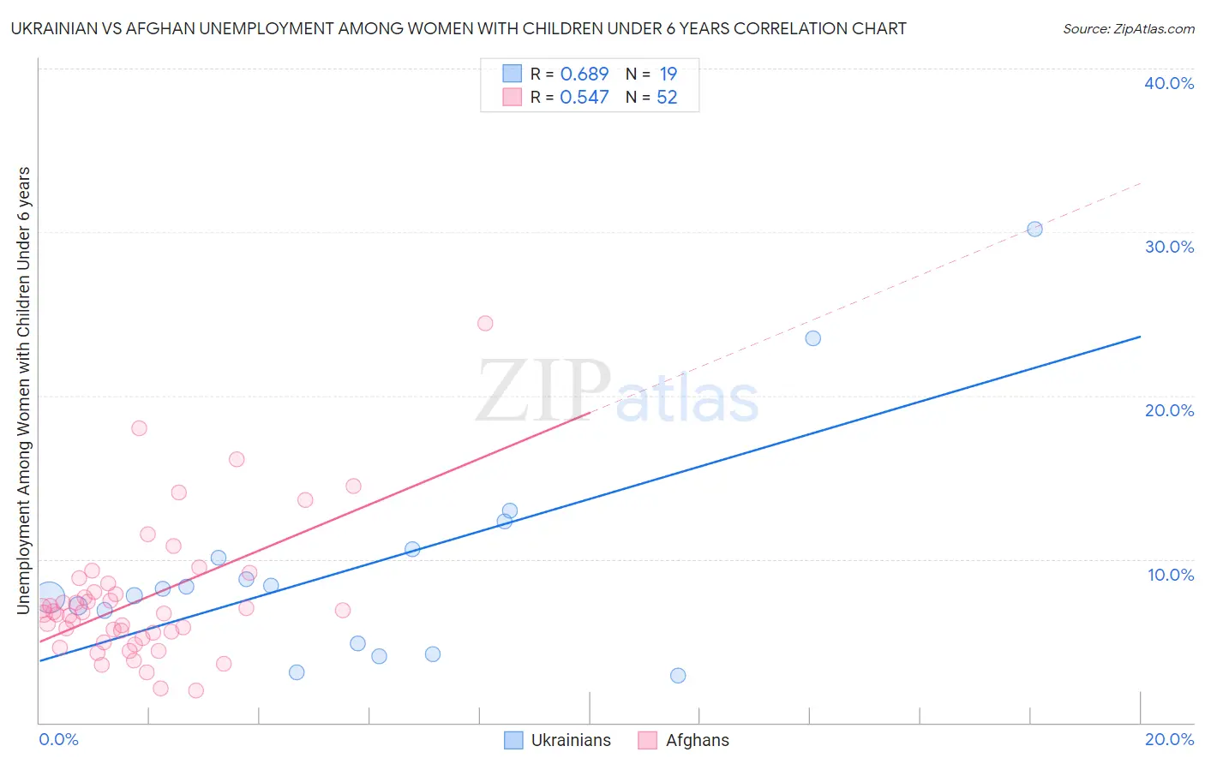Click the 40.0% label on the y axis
[1169, 83]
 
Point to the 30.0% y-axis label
[1169, 247]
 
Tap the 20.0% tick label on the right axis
[1169, 410]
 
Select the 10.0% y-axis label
[1171, 575]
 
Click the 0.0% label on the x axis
[58, 739]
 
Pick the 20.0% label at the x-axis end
[1169, 739]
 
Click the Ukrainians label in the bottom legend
[571, 740]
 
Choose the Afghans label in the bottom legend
[697, 740]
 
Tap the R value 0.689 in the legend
[584, 75]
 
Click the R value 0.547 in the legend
[584, 98]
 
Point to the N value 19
[668, 75]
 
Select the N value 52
[667, 98]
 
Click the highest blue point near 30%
[1034, 229]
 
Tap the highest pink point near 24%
[485, 323]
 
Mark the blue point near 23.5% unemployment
[813, 338]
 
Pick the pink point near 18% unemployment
[139, 428]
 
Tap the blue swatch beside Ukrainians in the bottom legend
[513, 740]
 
